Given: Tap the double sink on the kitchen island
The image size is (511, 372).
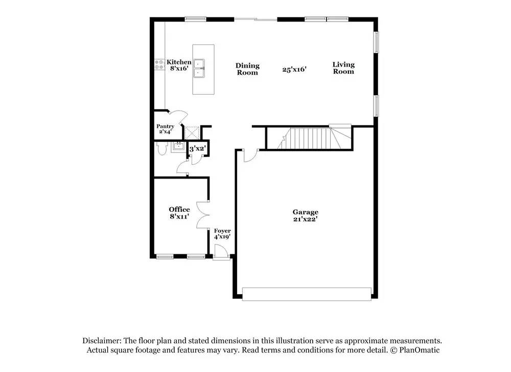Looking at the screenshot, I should coord(199,68).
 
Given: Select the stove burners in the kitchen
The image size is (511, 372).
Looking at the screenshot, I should coord(159,64).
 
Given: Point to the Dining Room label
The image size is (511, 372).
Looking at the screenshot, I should coord(247,69).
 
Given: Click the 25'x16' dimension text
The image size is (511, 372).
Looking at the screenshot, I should coord(294,69).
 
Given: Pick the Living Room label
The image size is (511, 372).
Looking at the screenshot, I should coord(343,68).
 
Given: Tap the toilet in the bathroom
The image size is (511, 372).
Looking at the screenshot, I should coord(161,148).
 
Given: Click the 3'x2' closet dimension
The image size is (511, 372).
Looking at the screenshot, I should coord(197,149).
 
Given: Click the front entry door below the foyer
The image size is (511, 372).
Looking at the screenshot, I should coord(221,253).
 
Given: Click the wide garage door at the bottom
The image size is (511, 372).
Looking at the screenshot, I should coord(307,294).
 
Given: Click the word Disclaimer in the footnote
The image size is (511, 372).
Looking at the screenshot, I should coord(101,341).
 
